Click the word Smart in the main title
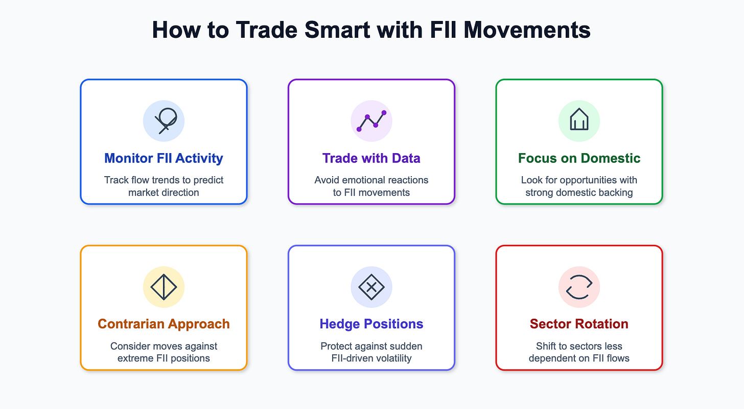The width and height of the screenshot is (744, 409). point(337,30)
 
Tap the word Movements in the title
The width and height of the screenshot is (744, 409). point(527,30)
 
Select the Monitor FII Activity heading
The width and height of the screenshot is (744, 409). point(164,158)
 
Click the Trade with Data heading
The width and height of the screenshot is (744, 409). point(371,158)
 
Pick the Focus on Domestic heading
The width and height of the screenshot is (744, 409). point(579,158)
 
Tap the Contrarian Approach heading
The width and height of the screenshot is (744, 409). point(164,324)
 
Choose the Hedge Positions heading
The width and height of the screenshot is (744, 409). point(371,324)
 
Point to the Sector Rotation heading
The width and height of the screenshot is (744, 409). point(579,324)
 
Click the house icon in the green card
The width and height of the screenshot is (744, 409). point(579,119)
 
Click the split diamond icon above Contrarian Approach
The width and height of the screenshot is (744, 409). point(164,287)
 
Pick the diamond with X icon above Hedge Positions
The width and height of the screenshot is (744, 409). point(371,287)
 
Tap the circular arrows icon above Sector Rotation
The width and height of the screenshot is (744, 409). point(579,287)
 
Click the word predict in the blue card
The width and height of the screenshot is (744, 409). point(208,180)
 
